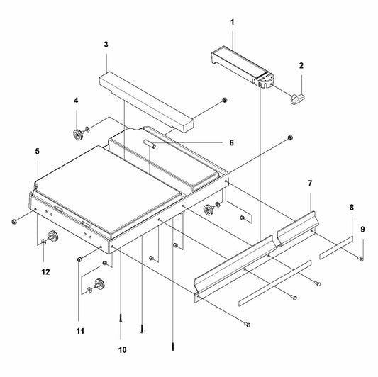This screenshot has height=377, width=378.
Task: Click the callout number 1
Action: [x=232, y=23]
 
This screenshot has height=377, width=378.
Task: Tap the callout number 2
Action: [x=301, y=65]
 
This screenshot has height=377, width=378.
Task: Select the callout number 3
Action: [x=106, y=45]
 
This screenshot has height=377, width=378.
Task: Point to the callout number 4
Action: [x=76, y=101]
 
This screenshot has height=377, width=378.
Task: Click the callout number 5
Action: [x=37, y=151]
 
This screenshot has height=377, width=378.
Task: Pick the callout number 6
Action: [x=231, y=142]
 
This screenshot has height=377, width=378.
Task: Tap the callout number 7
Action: [x=310, y=184]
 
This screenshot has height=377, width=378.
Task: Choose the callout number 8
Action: [x=352, y=207]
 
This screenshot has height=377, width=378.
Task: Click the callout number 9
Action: [x=362, y=230]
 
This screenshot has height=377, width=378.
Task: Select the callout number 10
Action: [x=122, y=350]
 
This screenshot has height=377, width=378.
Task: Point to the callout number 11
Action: [x=80, y=331]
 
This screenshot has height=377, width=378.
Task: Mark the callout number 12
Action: [x=45, y=272]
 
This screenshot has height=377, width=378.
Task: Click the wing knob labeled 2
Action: [x=297, y=99]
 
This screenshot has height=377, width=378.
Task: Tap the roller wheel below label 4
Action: [x=78, y=135]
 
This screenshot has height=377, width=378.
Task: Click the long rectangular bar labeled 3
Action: [x=147, y=102]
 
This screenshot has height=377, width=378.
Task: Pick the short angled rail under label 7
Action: [x=298, y=228]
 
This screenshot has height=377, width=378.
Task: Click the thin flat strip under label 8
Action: [x=336, y=247]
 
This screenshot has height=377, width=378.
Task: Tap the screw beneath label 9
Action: [x=362, y=259]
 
